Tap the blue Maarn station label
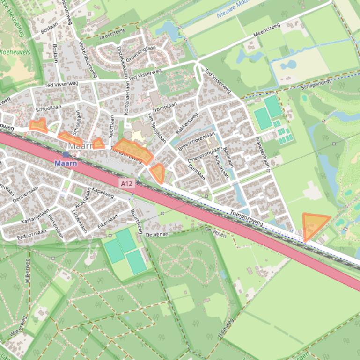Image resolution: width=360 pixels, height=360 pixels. click(x=65, y=163)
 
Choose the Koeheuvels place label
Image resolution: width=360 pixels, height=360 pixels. click(x=15, y=52)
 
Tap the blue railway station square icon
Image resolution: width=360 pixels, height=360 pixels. click(x=66, y=154)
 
